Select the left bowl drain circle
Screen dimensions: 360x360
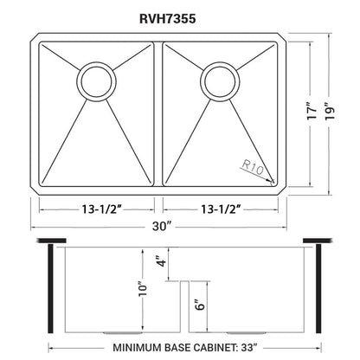[x=94, y=81]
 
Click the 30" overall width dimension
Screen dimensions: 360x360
[x=157, y=228]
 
